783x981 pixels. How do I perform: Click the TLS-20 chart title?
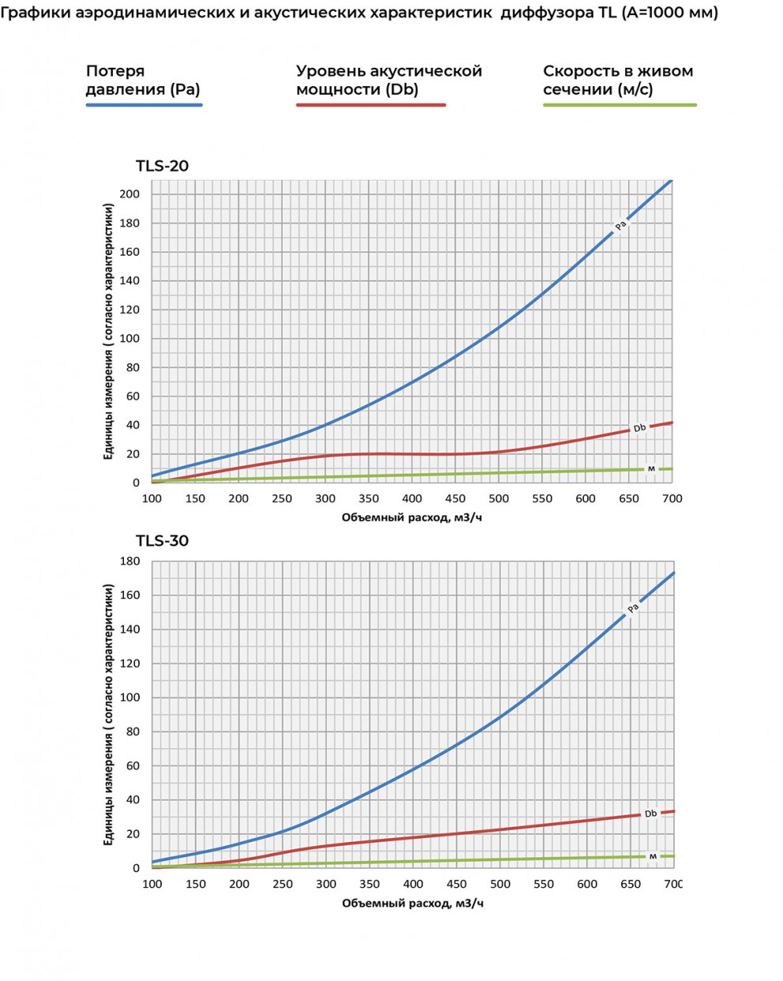pos(162,166)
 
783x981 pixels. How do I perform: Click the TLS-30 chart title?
pos(162,541)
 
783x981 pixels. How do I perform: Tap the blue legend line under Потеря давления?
pos(144,105)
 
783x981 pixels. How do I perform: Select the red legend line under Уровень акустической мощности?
pos(371,105)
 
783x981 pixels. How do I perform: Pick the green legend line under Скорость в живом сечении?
pos(620,105)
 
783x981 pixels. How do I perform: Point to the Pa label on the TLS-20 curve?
pos(621,226)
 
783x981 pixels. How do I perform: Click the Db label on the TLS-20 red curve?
pos(639,428)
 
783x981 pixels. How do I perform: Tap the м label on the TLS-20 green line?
pos(651,469)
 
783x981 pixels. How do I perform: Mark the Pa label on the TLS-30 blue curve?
pos(633,608)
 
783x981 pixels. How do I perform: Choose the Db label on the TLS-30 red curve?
pos(650,814)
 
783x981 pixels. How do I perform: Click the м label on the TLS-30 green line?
pos(653,856)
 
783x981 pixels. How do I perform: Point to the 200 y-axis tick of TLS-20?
pos(130,194)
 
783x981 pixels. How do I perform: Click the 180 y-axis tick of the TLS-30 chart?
pos(130,562)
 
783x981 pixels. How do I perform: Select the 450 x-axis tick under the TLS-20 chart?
pos(455,499)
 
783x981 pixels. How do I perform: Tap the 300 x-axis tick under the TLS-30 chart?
pos(326,884)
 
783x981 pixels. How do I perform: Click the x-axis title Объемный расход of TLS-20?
pos(412,517)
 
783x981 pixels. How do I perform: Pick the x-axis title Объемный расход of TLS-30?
pos(412,903)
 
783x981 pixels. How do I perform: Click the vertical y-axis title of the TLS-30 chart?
pos(109,714)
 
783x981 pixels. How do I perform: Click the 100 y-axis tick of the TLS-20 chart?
pos(130,339)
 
